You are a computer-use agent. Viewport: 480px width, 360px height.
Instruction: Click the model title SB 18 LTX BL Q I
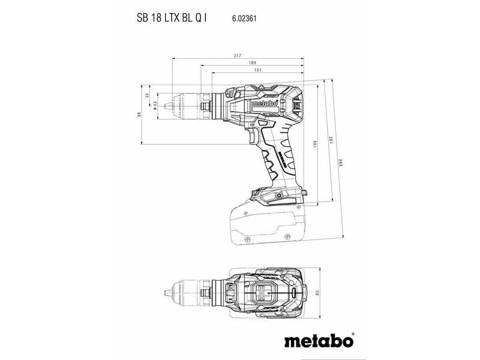(x=172, y=18)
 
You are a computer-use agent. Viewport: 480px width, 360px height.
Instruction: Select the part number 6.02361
(x=244, y=19)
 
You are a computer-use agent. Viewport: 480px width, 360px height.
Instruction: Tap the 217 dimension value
(x=238, y=56)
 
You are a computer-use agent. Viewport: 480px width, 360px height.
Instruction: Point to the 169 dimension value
(x=252, y=63)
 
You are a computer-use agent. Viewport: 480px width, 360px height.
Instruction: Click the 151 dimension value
(x=258, y=70)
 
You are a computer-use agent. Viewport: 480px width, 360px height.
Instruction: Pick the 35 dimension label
(x=147, y=95)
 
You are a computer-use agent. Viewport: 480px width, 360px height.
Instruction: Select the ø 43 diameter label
(x=155, y=106)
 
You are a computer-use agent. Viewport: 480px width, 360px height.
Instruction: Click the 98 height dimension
(x=139, y=115)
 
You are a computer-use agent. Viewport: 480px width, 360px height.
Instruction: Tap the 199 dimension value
(x=315, y=144)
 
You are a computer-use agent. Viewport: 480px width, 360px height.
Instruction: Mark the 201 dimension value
(x=329, y=140)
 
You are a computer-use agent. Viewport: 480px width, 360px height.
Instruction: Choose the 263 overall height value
(x=340, y=163)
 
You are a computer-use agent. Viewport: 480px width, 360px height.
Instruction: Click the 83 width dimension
(x=317, y=293)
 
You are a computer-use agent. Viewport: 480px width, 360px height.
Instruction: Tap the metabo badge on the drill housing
(x=265, y=103)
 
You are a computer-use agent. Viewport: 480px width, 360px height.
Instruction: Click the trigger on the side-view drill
(x=254, y=136)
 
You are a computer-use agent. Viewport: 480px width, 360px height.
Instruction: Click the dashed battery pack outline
(x=268, y=224)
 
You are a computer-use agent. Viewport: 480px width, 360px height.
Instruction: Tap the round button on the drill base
(x=278, y=196)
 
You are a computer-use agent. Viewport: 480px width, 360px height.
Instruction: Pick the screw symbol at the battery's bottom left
(x=247, y=239)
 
